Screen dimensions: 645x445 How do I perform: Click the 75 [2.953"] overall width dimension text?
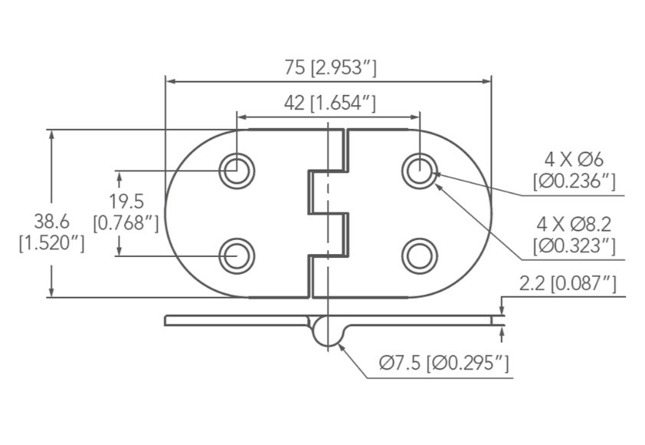point(330,68)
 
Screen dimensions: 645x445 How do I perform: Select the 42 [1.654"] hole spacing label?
point(330,103)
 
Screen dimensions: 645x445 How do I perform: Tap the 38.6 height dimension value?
point(51,222)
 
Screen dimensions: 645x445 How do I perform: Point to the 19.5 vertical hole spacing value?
point(126,202)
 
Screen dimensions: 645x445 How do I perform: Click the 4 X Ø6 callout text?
point(574,160)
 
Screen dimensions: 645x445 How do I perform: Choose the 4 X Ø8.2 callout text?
point(574,224)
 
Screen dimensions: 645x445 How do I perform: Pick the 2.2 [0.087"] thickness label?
point(568,284)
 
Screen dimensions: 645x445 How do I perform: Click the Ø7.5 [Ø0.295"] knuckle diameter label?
point(444,363)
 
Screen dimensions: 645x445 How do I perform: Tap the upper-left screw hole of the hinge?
point(237,170)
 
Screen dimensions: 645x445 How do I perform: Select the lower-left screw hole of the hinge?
point(237,256)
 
